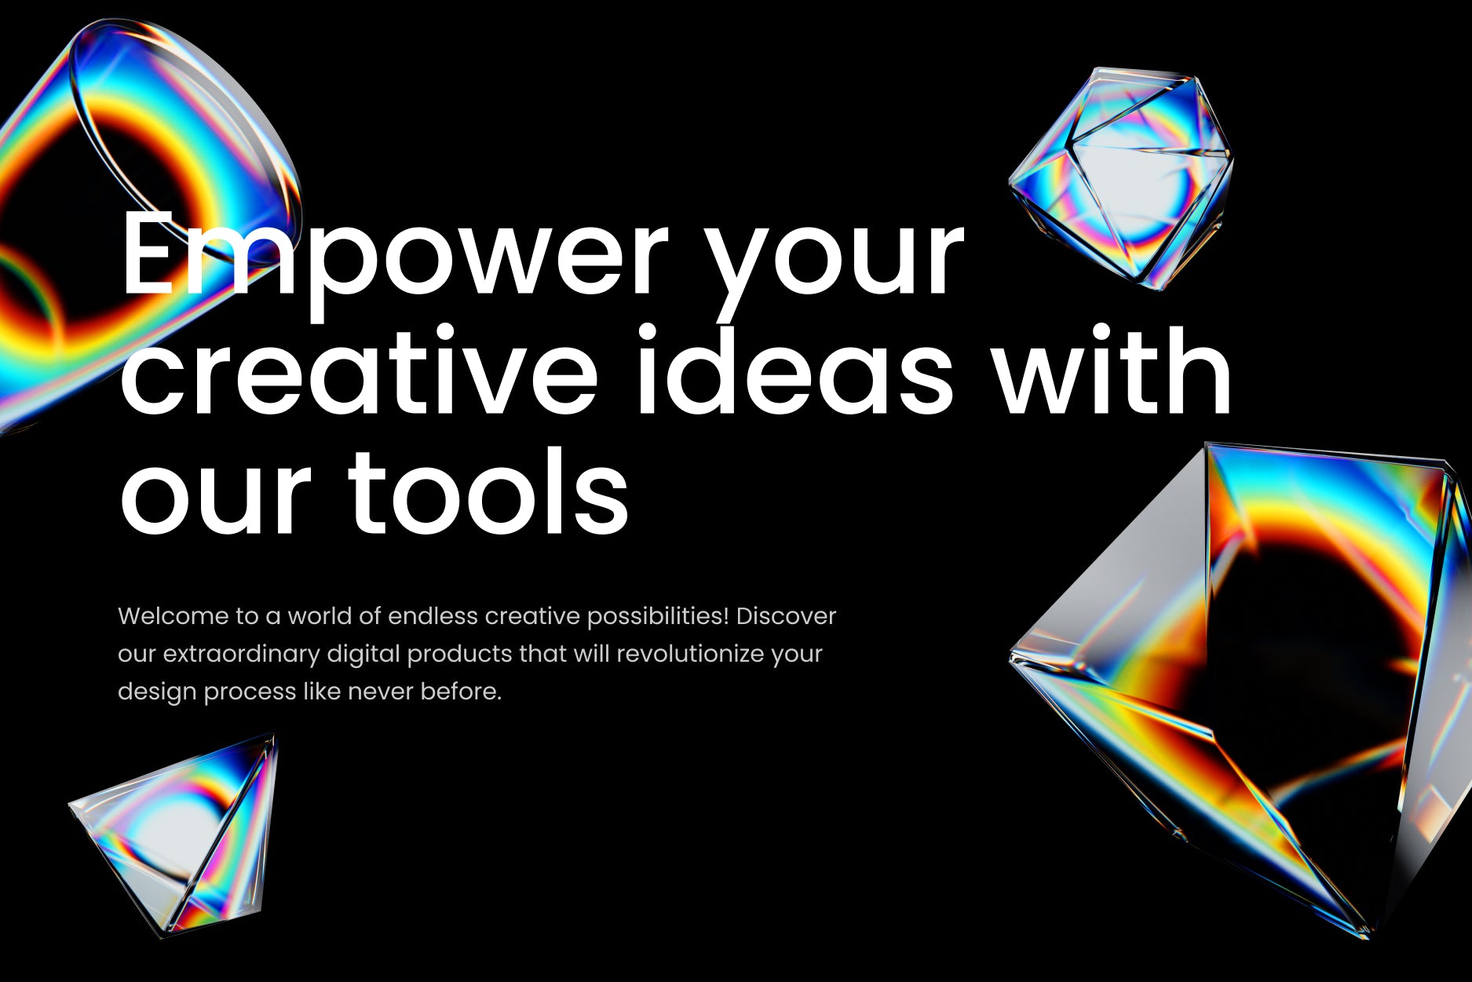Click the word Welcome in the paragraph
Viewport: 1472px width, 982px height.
point(173,616)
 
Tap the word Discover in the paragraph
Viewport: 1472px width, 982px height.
point(786,616)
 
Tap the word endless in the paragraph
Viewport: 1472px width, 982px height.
point(433,616)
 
